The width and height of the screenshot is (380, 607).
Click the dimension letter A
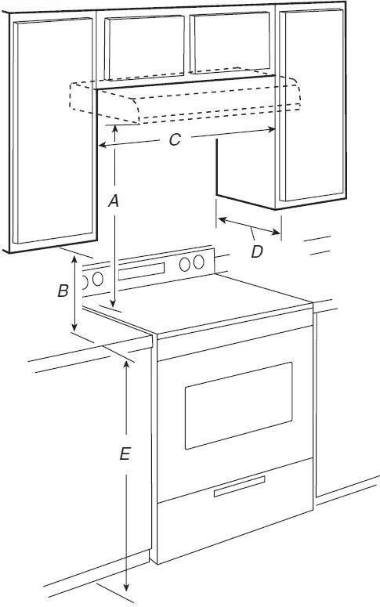[x=113, y=201]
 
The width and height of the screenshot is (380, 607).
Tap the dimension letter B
[x=63, y=291]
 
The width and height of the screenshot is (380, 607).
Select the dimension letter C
[x=175, y=139]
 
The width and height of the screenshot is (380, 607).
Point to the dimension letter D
[x=256, y=251]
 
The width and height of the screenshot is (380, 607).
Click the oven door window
[x=238, y=404]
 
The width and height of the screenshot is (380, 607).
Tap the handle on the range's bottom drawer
[x=240, y=490]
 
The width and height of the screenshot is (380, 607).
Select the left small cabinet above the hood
[x=145, y=47]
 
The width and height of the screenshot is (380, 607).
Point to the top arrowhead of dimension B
[x=74, y=259]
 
